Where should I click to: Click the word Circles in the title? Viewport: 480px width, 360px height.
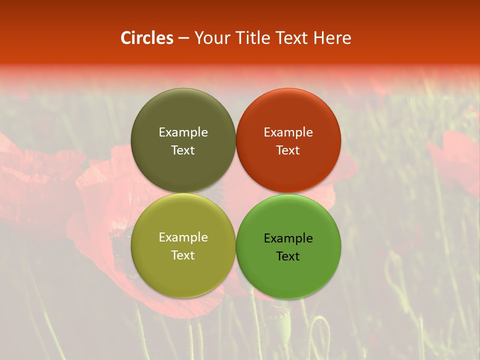point(147,38)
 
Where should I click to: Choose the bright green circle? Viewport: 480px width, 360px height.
point(288,272)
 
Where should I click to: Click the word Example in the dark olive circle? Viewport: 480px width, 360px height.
point(183,132)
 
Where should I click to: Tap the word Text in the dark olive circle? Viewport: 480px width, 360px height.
point(183,150)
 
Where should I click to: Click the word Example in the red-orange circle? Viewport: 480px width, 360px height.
point(288,132)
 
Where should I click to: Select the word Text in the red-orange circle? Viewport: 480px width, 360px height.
point(288,150)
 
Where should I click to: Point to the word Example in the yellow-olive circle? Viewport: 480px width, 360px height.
point(183,237)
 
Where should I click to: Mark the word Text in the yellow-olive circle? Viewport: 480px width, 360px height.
point(183,255)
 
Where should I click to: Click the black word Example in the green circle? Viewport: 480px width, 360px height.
point(288,238)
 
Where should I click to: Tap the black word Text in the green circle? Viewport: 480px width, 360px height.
point(288,256)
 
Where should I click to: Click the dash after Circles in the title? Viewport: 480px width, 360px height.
point(183,38)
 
